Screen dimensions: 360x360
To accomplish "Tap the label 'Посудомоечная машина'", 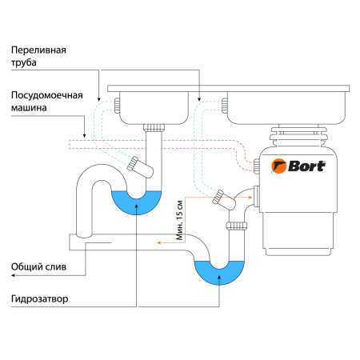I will click(47, 102).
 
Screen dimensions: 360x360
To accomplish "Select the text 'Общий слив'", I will click(33, 267).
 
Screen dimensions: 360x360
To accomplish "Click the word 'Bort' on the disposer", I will click(306, 167).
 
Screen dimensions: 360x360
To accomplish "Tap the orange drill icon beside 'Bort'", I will click(281, 167).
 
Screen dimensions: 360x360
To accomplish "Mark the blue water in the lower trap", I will click(217, 273).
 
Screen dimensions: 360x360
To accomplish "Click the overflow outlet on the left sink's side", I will click(118, 103).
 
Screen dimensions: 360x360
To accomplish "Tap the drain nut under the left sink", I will click(154, 127).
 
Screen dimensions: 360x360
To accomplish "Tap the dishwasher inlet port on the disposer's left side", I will click(257, 166).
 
